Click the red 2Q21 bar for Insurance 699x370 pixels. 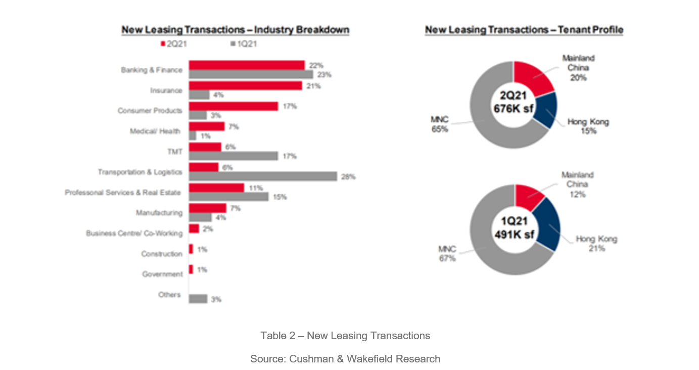[x=246, y=86]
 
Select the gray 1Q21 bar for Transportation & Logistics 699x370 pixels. [x=263, y=176]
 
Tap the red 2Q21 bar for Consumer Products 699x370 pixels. [x=234, y=106]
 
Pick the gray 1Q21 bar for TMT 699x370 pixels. [x=234, y=156]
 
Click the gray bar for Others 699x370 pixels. [x=198, y=299]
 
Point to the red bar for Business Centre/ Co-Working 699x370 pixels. [x=194, y=228]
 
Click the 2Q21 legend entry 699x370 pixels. [x=174, y=44]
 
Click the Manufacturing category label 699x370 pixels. [x=159, y=213]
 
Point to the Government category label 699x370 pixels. [x=162, y=274]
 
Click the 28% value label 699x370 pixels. [x=349, y=177]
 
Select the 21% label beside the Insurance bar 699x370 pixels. [x=313, y=86]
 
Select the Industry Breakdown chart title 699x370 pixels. [x=235, y=30]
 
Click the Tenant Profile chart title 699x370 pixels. [x=524, y=30]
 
